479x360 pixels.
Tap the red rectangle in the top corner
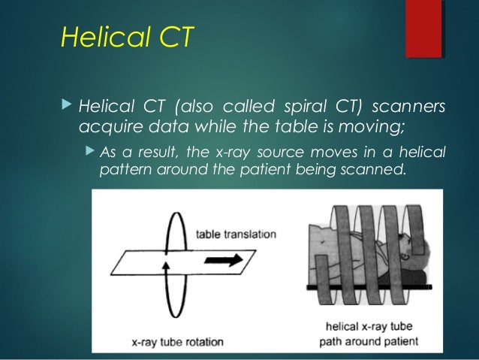[x=423, y=29]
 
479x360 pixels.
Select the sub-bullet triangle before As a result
[x=88, y=153]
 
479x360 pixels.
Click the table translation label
[x=235, y=234]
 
